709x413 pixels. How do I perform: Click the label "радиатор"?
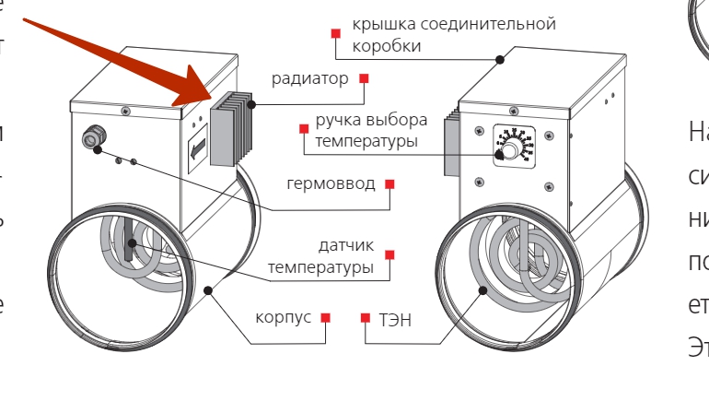click(x=309, y=78)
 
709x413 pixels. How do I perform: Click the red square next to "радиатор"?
click(x=364, y=78)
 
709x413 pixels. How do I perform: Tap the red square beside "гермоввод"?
click(x=389, y=184)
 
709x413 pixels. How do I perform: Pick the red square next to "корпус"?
click(x=325, y=318)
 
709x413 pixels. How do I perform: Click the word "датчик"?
click(x=346, y=245)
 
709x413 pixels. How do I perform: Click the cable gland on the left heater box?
click(x=92, y=139)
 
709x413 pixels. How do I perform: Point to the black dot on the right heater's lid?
click(x=500, y=60)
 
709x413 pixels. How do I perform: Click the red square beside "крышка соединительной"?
click(x=337, y=33)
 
